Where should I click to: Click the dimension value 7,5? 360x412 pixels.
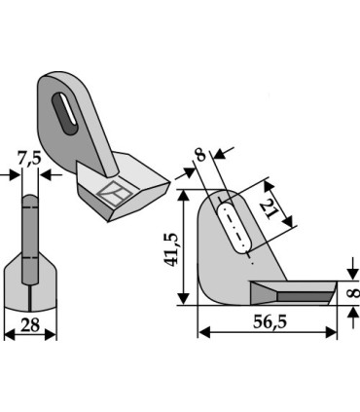click(x=30, y=160)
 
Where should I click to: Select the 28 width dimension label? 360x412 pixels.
click(x=30, y=325)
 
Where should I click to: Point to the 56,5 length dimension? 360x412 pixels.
click(x=270, y=322)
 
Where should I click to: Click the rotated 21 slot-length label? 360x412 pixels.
click(x=268, y=209)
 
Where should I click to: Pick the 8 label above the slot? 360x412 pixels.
click(x=200, y=155)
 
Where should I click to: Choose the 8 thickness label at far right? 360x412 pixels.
click(x=353, y=293)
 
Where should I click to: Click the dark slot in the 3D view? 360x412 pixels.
click(x=65, y=113)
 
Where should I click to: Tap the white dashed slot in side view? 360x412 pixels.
click(x=235, y=228)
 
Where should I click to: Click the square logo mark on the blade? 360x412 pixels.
click(x=115, y=194)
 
